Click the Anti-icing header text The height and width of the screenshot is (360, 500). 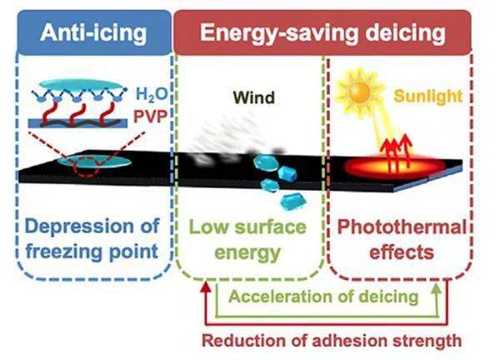point(93,32)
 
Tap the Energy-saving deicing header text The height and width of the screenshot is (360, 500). point(322,32)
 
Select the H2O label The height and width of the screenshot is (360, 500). point(152,94)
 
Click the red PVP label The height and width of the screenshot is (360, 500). point(150,117)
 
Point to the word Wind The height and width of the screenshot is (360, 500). point(254,97)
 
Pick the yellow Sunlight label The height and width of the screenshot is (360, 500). point(428,96)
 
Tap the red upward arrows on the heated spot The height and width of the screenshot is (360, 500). point(397,152)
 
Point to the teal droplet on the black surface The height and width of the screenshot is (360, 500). point(94,162)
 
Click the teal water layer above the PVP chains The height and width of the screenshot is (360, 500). point(82,84)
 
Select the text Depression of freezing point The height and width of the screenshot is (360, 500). point(92,238)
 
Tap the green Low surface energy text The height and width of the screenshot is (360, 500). point(247,239)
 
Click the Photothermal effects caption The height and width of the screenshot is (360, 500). point(402,239)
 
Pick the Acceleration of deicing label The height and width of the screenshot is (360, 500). point(323,297)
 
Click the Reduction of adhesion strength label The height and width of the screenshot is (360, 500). point(332,340)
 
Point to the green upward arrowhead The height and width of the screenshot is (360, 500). point(437,288)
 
